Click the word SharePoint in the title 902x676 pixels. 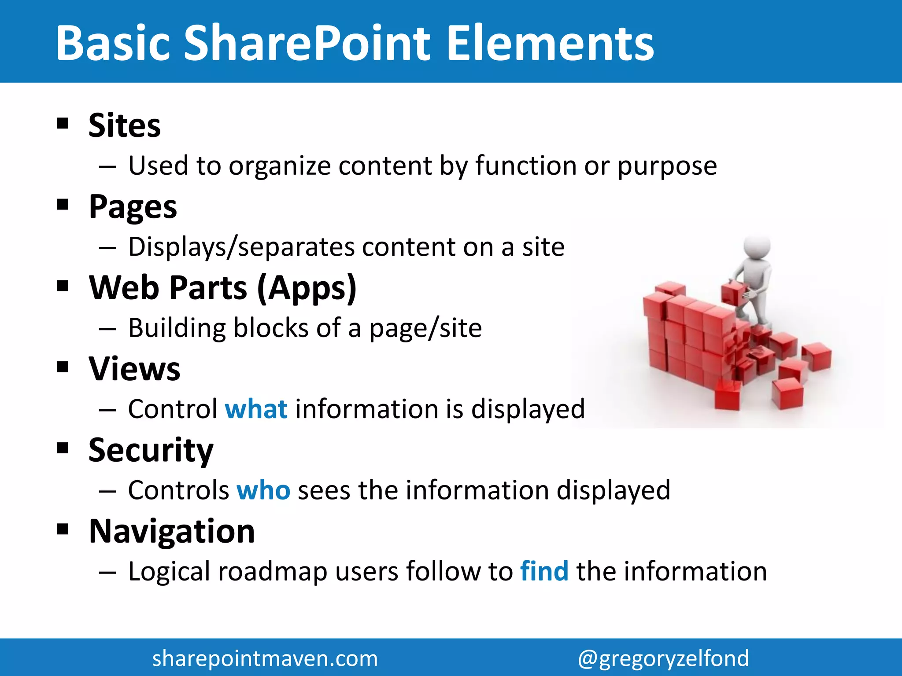(306, 43)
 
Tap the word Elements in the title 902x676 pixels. (550, 43)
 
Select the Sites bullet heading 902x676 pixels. (125, 126)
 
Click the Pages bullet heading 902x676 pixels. (133, 207)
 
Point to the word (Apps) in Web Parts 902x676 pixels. (307, 288)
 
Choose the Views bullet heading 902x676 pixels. (134, 369)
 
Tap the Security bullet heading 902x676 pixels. (151, 450)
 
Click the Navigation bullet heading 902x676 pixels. (172, 531)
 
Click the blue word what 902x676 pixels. (256, 409)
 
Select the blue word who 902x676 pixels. (263, 490)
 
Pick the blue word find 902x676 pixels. (544, 571)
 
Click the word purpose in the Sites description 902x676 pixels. (667, 166)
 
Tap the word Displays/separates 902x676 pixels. (241, 247)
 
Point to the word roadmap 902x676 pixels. (272, 572)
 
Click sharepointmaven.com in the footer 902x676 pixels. (265, 658)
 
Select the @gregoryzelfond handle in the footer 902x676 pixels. (663, 658)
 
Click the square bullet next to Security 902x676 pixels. (63, 448)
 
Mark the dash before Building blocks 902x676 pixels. (107, 329)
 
